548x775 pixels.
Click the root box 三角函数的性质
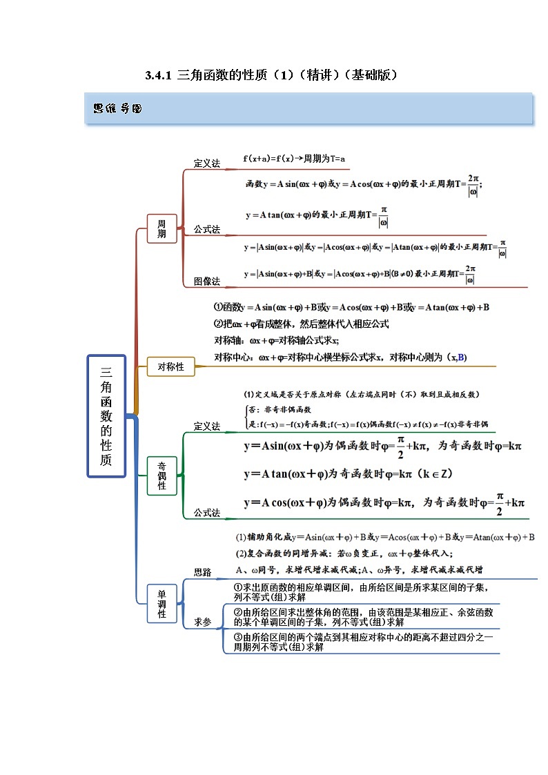[106, 416]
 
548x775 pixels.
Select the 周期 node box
[162, 228]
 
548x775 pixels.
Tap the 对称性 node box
[170, 367]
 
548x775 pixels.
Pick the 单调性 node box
[162, 604]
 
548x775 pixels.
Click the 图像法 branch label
[206, 282]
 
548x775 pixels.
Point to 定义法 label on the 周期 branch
[206, 164]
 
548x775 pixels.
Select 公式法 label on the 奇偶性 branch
[206, 513]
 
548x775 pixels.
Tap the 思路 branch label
[202, 572]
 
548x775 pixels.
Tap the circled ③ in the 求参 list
[237, 638]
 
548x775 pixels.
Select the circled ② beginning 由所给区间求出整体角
[237, 612]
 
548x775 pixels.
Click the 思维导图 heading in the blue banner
[117, 108]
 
